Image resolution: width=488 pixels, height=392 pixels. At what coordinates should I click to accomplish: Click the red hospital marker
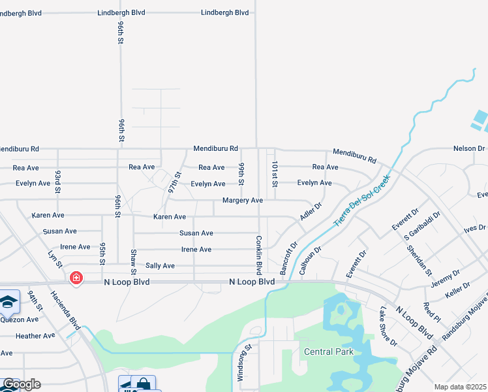click(76, 278)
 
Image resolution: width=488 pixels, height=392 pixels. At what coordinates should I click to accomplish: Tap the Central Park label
click(329, 351)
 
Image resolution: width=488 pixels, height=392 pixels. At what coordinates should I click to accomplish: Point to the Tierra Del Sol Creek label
click(362, 201)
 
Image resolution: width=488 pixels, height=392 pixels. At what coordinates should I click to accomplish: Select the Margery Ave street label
click(242, 200)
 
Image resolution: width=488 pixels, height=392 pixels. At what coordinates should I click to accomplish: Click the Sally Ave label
click(160, 266)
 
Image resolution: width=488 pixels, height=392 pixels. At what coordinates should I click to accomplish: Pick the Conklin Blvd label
click(259, 255)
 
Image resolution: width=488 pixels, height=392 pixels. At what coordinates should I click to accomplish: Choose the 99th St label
click(241, 173)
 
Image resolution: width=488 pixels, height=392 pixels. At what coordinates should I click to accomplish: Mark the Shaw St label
click(133, 261)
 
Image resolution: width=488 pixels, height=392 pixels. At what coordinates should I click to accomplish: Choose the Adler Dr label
click(311, 210)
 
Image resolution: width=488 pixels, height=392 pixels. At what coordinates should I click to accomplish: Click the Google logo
click(21, 384)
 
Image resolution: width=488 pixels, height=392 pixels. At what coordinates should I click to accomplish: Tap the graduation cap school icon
click(8, 302)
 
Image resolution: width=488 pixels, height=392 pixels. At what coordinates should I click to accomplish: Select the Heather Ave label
click(35, 336)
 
